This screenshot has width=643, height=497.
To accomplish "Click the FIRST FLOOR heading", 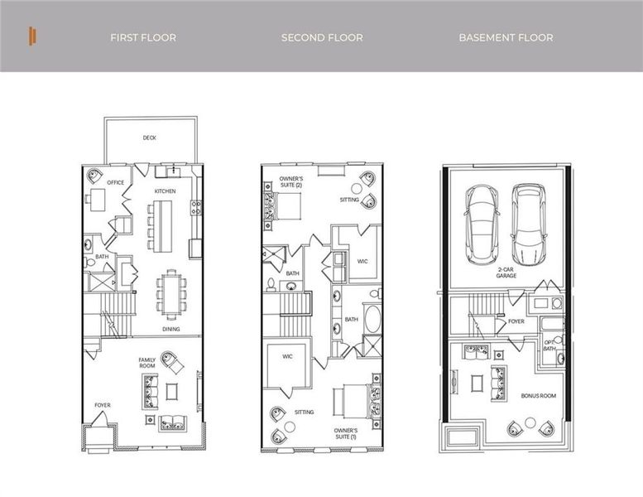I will click(143, 37).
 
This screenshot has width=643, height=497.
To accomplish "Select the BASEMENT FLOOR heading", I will click(506, 37).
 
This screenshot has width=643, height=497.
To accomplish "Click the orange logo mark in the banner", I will click(31, 36).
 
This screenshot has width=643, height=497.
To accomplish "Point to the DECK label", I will click(149, 138).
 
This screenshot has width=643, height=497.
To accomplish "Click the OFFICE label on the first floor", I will click(115, 182).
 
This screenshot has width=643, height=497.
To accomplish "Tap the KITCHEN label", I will click(165, 191).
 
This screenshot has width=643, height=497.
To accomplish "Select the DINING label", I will click(171, 329).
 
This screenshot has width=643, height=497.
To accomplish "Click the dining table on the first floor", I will click(171, 293).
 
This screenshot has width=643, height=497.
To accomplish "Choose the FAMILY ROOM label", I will click(147, 363).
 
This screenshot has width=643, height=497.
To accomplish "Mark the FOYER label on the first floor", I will click(102, 405).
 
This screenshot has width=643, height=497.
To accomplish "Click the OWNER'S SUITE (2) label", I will click(290, 182).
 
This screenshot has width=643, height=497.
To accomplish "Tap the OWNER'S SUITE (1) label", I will click(346, 434).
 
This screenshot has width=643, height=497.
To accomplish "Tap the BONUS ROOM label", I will click(538, 396).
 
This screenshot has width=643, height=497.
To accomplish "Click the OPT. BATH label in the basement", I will click(549, 345).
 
